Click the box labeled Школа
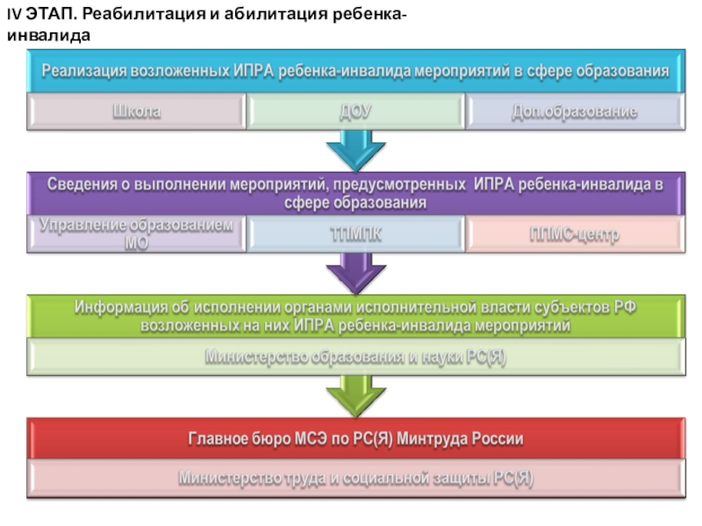136,112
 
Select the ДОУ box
355,112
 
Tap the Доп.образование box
574,112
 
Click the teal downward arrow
355,150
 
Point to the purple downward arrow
355,274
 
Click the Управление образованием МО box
136,234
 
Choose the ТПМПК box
355,235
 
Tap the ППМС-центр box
574,235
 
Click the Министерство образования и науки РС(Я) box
355,358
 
